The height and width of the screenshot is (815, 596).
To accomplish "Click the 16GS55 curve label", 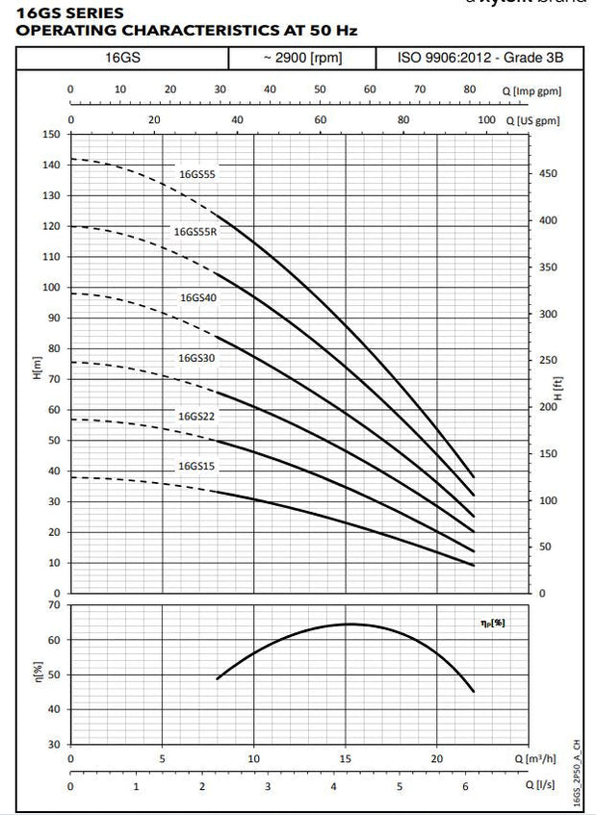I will [196, 174].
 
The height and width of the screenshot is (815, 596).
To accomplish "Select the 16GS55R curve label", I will [195, 232].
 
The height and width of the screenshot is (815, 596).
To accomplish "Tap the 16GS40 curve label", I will [197, 297].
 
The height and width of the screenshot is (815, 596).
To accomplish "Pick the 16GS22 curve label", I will [195, 416].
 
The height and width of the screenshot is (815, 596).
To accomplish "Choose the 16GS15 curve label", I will [195, 466].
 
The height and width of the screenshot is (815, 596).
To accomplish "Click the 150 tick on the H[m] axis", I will [50, 134].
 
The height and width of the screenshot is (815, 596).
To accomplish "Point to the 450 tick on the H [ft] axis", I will [547, 174].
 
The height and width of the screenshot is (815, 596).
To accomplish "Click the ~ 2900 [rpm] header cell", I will [301, 59].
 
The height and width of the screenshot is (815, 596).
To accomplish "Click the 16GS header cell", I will [122, 59].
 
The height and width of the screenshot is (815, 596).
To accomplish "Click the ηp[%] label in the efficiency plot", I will [492, 624].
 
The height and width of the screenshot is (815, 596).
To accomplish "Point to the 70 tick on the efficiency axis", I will [54, 605].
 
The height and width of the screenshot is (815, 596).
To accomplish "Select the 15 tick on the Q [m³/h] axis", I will [345, 758].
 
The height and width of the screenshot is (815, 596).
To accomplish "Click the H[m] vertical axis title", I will [38, 368].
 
